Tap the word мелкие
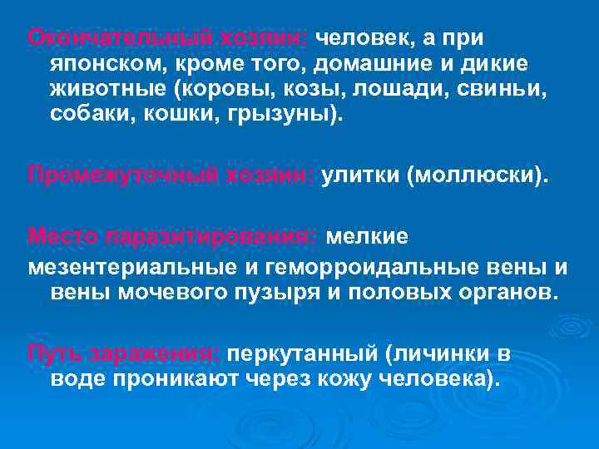[x=367, y=238]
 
